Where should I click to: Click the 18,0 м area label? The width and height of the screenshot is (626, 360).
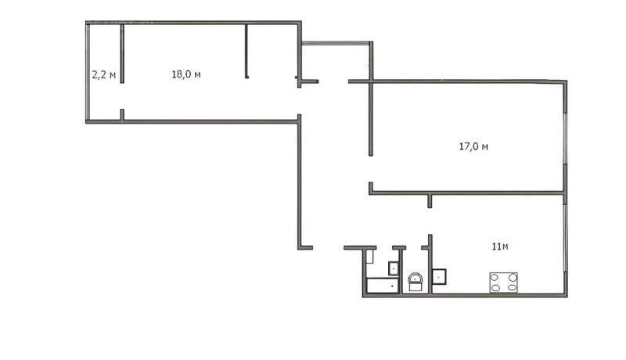[186, 74]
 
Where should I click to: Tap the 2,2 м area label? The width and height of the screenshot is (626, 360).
[103, 75]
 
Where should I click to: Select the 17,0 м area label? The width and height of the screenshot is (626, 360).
[473, 146]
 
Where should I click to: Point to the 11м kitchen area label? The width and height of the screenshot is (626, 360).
[500, 247]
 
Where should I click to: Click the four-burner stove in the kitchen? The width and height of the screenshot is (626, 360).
[503, 282]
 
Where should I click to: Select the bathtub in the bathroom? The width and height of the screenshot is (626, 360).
[383, 286]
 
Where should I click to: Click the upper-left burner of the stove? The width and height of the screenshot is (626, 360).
[496, 276]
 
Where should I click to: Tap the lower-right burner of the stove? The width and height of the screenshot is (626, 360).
[511, 287]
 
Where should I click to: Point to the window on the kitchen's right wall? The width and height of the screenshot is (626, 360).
[566, 243]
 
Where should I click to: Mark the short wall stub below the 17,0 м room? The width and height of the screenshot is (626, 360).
[430, 200]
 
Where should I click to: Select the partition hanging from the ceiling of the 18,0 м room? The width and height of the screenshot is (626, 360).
[246, 51]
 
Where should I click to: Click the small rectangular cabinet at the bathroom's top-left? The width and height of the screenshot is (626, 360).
[370, 257]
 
